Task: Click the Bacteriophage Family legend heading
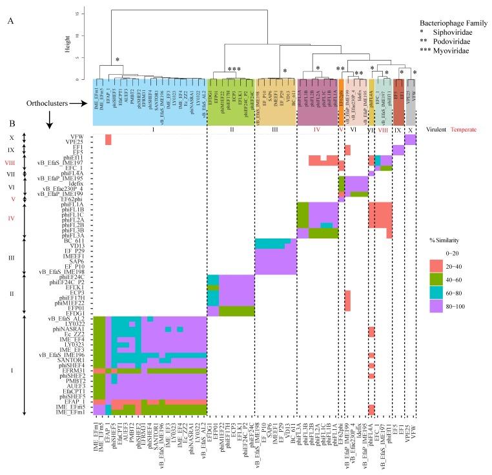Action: click(x=447, y=15)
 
